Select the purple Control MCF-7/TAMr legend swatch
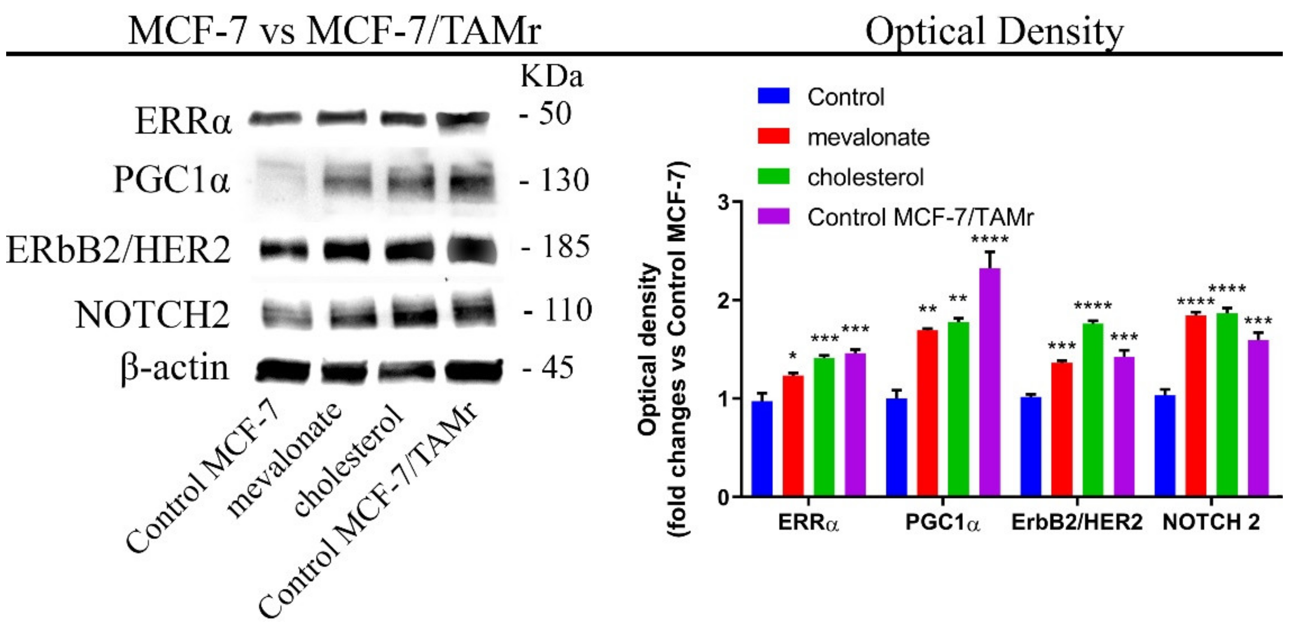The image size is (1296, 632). (774, 217)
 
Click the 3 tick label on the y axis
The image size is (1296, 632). (722, 202)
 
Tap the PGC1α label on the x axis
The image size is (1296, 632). (943, 523)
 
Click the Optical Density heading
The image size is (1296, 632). (994, 31)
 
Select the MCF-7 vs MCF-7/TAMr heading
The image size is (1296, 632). (334, 31)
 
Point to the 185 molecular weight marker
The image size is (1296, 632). (563, 247)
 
